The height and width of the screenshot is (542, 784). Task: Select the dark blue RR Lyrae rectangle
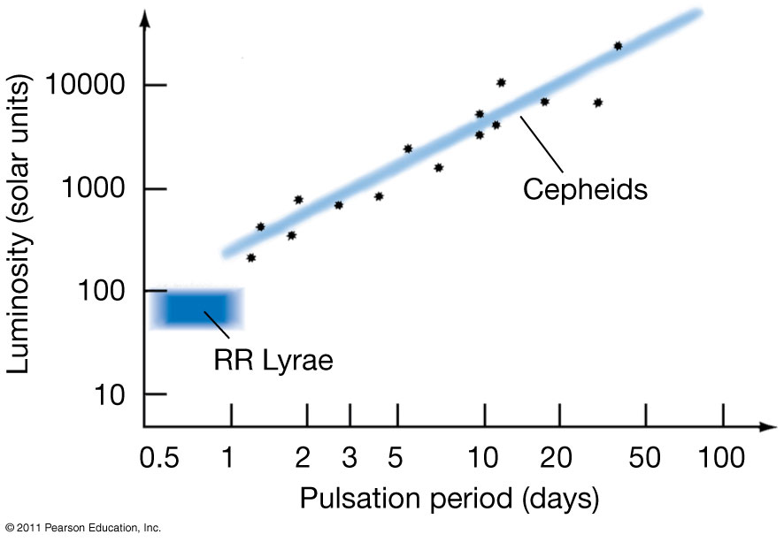pos(200,307)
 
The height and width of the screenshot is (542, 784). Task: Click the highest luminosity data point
pos(618,46)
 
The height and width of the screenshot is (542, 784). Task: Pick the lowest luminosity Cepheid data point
pos(250,257)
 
